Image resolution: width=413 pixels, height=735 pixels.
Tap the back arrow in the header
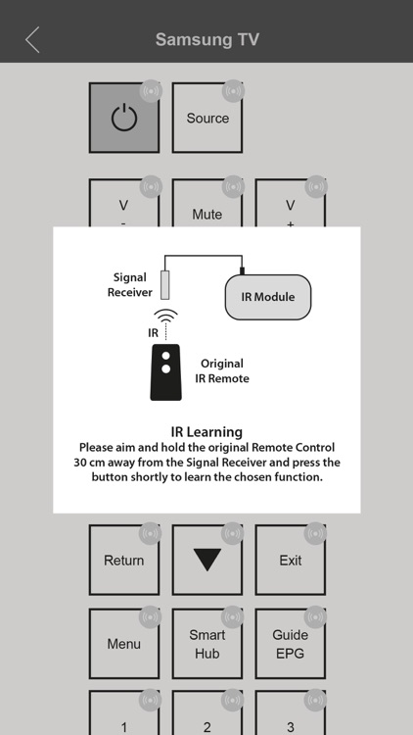(32, 40)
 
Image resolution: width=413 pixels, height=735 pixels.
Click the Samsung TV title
(206, 39)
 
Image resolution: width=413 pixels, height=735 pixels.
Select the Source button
(206, 118)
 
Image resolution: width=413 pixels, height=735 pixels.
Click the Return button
(124, 560)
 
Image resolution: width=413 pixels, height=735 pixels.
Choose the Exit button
(291, 560)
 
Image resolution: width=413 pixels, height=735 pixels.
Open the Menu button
(124, 643)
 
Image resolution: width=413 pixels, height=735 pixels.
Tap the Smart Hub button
(206, 643)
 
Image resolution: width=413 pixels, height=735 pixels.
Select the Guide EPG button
(291, 643)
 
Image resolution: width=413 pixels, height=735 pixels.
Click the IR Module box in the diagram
(268, 297)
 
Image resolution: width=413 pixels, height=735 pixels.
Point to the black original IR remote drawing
(165, 372)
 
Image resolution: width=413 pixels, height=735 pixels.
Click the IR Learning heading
(206, 432)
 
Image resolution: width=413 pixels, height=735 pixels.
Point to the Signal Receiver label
(130, 285)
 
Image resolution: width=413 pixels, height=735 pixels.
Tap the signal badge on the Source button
(233, 91)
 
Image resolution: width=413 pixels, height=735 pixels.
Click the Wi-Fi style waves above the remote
(165, 316)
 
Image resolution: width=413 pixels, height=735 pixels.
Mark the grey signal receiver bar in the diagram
(164, 284)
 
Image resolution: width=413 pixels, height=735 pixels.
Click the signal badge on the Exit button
(315, 533)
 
